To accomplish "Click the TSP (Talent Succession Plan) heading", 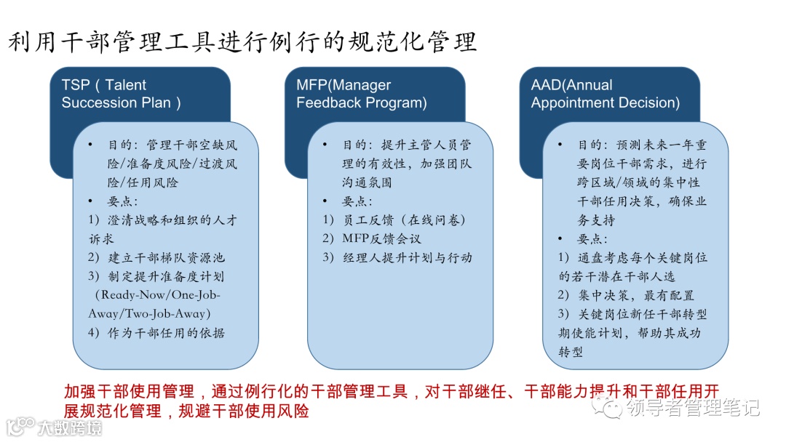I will [x=121, y=94].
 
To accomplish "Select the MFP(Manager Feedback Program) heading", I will [x=361, y=94].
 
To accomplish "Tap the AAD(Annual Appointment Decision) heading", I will [x=605, y=94].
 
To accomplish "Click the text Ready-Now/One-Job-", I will [x=158, y=295].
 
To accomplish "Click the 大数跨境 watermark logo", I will [x=54, y=426].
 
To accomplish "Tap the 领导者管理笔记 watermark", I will [x=678, y=408].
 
